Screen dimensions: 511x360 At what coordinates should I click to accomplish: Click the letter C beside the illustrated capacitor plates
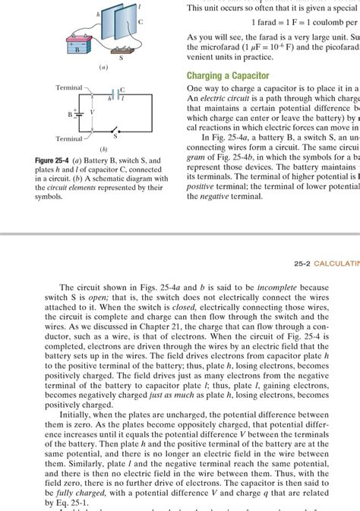pyautogui.click(x=141, y=24)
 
